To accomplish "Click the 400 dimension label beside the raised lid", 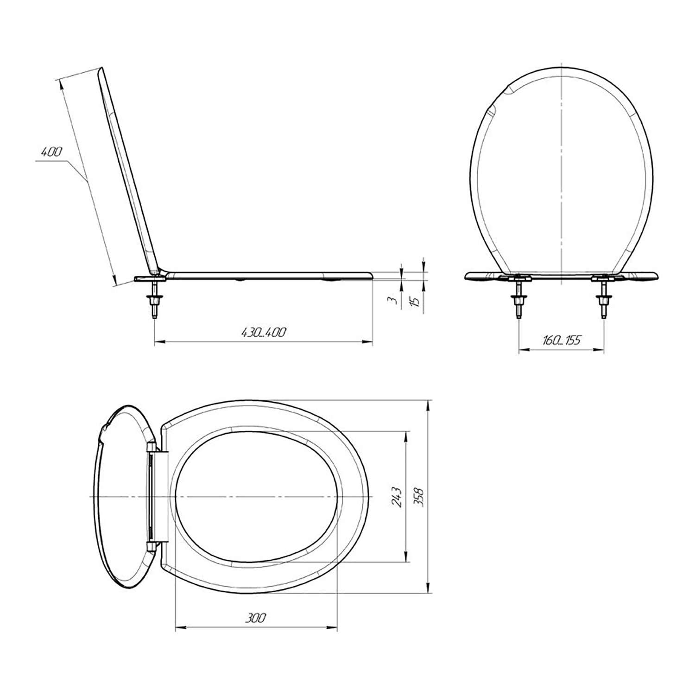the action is [51, 152].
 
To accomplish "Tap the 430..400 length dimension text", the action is [263, 332].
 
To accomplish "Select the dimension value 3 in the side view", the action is [394, 300].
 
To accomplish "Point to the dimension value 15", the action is [416, 300].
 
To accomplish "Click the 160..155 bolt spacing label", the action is [561, 341].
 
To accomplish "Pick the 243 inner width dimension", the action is [396, 496].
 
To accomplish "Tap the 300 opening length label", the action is [255, 618].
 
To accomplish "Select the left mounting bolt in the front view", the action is [518, 299].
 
